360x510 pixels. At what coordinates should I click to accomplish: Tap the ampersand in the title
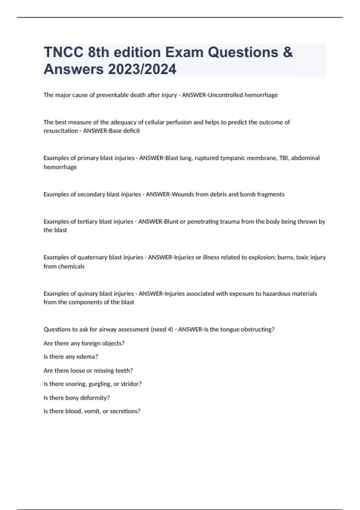287,52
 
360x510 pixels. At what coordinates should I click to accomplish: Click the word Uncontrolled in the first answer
225,95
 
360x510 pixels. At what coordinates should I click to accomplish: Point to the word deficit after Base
132,131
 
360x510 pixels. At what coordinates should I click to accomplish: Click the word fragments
271,194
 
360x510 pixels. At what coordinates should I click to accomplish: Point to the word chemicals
72,266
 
